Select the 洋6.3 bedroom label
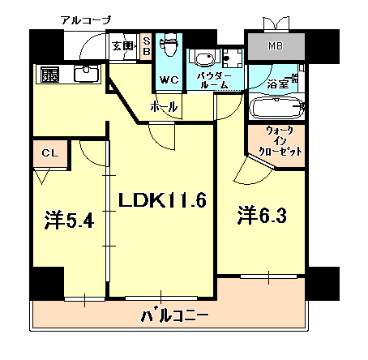pos(261,216)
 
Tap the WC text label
pos(169,80)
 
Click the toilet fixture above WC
pos(169,47)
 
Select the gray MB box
pos(276,46)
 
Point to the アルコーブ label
pos(85,19)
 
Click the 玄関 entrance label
pos(122,45)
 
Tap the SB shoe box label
pos(147,45)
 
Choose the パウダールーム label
pos(215,79)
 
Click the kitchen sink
pos(85,75)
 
